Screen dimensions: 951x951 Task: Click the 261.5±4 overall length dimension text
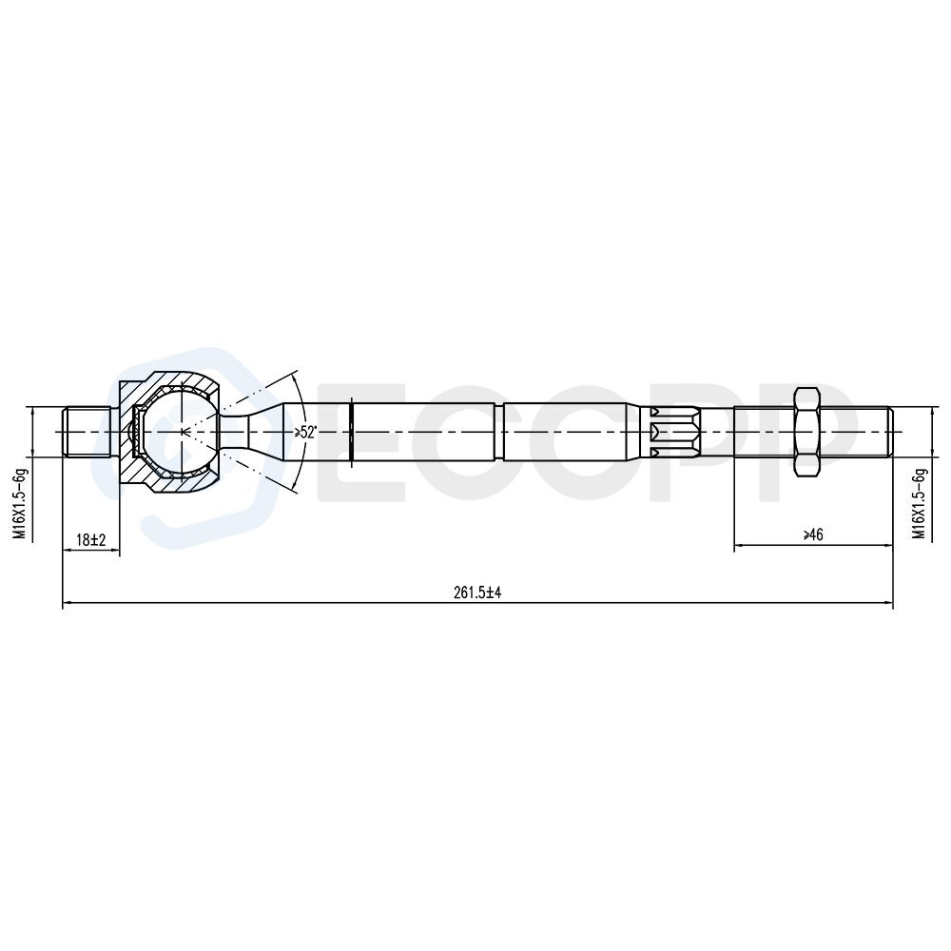coord(477,592)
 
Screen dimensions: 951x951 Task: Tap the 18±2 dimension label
coord(91,539)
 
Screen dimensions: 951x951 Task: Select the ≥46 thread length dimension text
coord(813,534)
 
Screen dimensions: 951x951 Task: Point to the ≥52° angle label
coord(305,432)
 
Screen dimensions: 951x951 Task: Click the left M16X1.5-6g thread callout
coord(21,503)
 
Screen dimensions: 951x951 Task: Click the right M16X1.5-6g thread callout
coord(921,503)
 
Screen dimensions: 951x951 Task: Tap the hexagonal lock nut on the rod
coord(806,432)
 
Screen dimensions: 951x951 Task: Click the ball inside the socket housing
coord(182,432)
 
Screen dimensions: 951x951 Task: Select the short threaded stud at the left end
coord(87,432)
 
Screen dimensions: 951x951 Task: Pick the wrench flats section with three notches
coord(674,432)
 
